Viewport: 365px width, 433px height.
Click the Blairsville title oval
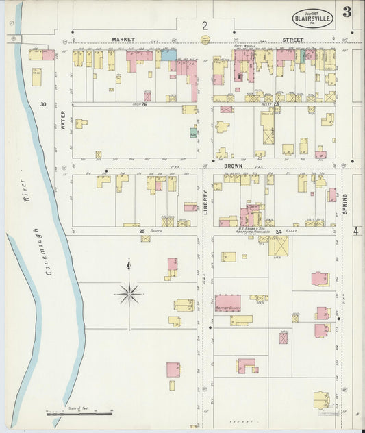point(313,17)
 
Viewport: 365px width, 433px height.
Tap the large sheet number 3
point(349,12)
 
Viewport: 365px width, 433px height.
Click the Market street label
point(124,40)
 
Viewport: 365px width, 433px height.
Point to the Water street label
point(62,121)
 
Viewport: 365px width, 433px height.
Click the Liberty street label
point(205,204)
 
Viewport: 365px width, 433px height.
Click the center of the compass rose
point(129,294)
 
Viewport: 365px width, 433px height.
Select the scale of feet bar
point(79,413)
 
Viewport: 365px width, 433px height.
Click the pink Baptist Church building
point(227,302)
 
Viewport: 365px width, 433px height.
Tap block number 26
point(144,103)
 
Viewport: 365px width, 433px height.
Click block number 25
point(142,231)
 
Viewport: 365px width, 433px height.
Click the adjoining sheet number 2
point(204,26)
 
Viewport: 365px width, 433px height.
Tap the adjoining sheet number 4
point(356,232)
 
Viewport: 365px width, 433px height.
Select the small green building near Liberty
point(194,132)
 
